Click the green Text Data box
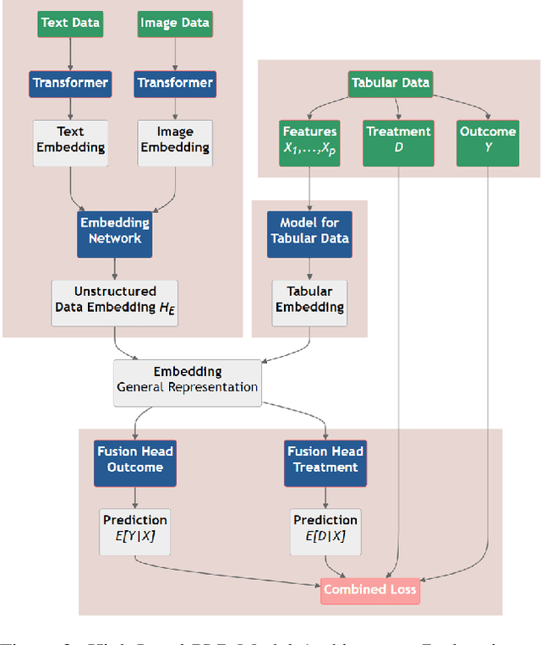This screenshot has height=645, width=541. [70, 24]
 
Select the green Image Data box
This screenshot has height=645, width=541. [174, 24]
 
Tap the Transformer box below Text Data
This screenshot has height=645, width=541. [70, 83]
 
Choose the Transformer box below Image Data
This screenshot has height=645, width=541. [174, 83]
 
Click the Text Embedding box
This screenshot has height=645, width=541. [70, 139]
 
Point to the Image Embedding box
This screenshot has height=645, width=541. [174, 139]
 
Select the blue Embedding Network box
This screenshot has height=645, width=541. [114, 231]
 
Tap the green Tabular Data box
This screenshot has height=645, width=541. [390, 83]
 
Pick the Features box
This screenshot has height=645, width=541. [309, 139]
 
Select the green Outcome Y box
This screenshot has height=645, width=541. [488, 139]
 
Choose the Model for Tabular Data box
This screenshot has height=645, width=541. [309, 231]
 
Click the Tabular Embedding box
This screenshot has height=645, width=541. [309, 299]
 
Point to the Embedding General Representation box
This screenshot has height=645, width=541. [187, 380]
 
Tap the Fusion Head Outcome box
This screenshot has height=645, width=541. [135, 459]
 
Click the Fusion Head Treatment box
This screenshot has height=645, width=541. [325, 459]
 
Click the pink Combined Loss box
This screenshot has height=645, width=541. [369, 589]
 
